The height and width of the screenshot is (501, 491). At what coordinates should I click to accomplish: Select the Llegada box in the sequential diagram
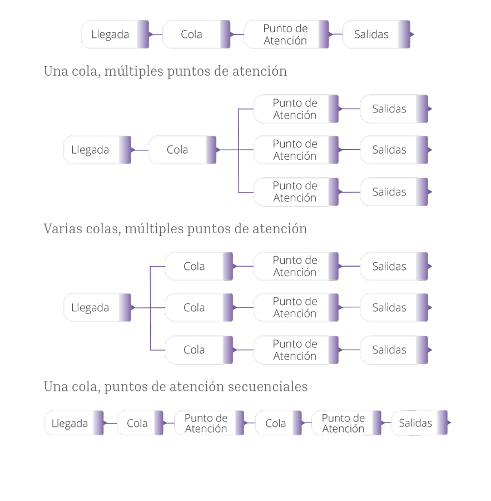point(74,423)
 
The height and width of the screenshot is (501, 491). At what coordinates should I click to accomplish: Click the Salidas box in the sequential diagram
point(419,423)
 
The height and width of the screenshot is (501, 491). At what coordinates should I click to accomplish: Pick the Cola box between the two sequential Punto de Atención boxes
point(279,423)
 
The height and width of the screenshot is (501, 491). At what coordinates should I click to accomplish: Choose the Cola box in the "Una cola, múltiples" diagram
point(182,150)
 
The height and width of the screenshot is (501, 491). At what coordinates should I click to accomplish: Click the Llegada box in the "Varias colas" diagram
point(97,307)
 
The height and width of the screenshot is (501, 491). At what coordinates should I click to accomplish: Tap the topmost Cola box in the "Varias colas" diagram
point(199,266)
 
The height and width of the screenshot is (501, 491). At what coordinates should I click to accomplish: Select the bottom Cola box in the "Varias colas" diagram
point(199,350)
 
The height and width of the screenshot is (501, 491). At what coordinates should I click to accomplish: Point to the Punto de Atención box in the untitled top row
point(286,34)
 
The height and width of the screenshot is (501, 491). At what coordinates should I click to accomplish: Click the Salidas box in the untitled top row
point(376,34)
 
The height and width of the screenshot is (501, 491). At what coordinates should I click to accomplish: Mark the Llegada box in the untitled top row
point(115,34)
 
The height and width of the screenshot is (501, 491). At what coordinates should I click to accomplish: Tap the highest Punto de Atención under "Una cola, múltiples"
point(296,109)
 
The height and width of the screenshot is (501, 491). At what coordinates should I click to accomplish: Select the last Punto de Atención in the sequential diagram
point(346,423)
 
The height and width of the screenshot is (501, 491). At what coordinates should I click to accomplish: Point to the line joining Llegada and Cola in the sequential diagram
point(111,423)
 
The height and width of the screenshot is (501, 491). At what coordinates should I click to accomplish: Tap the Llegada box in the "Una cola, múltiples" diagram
point(97,150)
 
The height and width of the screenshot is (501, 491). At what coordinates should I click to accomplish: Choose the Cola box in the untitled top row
point(196,34)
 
